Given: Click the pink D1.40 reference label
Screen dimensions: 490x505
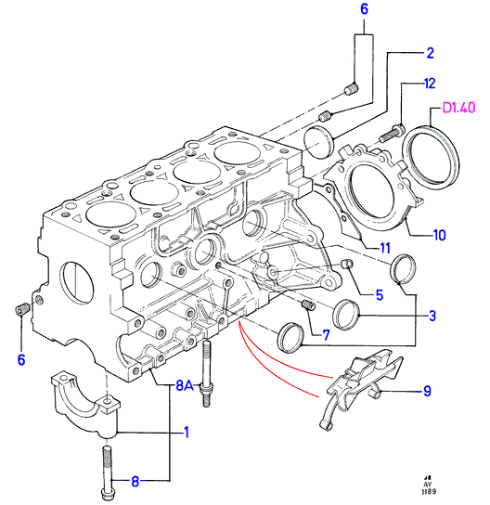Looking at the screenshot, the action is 458,108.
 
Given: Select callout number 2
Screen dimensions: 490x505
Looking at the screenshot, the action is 430,53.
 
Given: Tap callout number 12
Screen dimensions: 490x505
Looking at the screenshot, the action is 430,84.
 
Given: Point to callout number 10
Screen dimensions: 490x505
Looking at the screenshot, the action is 440,235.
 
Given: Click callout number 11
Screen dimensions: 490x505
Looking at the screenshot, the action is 385,248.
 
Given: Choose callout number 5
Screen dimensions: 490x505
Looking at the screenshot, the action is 380,295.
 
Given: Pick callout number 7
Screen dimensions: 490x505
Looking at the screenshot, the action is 326,335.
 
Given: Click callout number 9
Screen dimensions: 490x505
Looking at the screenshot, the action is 427,391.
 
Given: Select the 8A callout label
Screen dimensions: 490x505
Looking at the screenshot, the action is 185,385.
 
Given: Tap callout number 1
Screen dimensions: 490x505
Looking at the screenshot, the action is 187,433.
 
